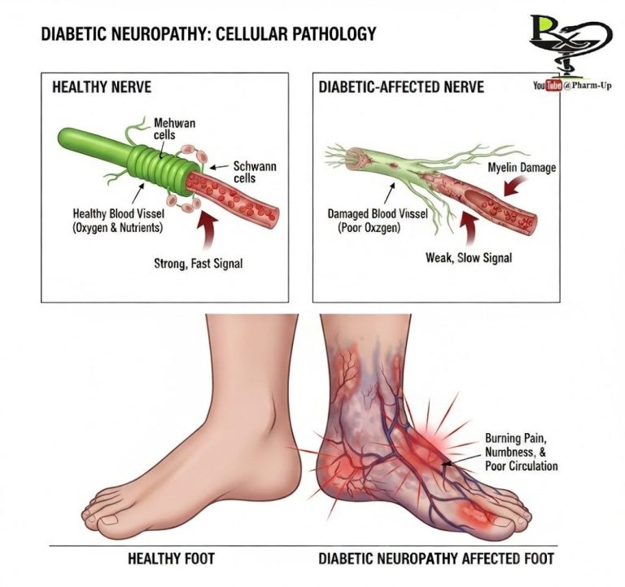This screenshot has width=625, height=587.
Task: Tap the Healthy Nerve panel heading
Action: (102, 86)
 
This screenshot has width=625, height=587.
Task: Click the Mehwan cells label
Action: (174, 129)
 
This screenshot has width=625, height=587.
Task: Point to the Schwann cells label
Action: (255, 173)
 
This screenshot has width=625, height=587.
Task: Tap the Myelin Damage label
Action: (522, 168)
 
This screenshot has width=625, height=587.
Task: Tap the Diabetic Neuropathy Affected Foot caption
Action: (435, 559)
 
